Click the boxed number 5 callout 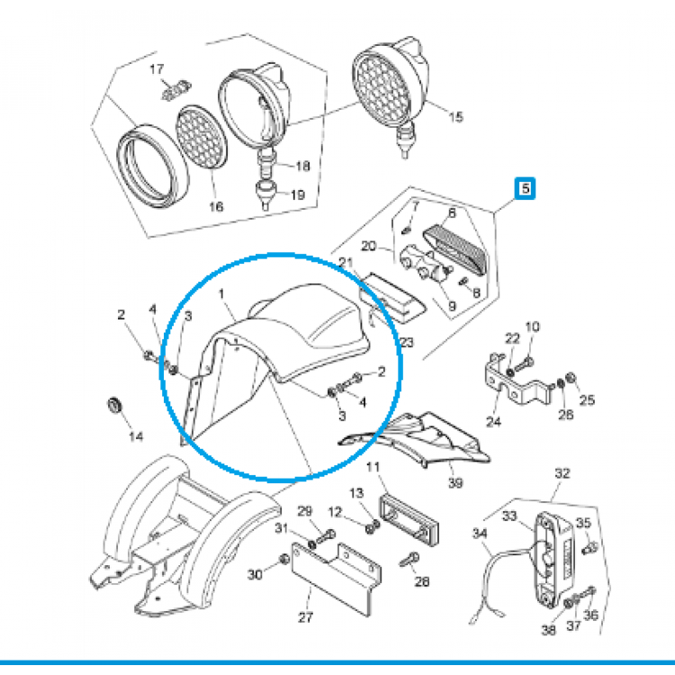pyautogui.click(x=523, y=188)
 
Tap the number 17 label pyautogui.click(x=157, y=69)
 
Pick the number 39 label pyautogui.click(x=454, y=483)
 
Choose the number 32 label pyautogui.click(x=562, y=473)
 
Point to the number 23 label pyautogui.click(x=406, y=342)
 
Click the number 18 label pyautogui.click(x=301, y=166)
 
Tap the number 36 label pyautogui.click(x=590, y=616)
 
